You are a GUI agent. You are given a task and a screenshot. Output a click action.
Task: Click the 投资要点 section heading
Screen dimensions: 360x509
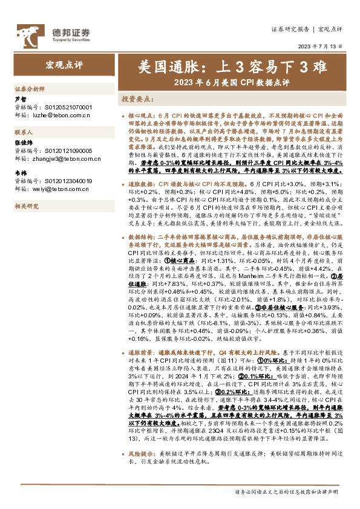click(136, 98)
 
